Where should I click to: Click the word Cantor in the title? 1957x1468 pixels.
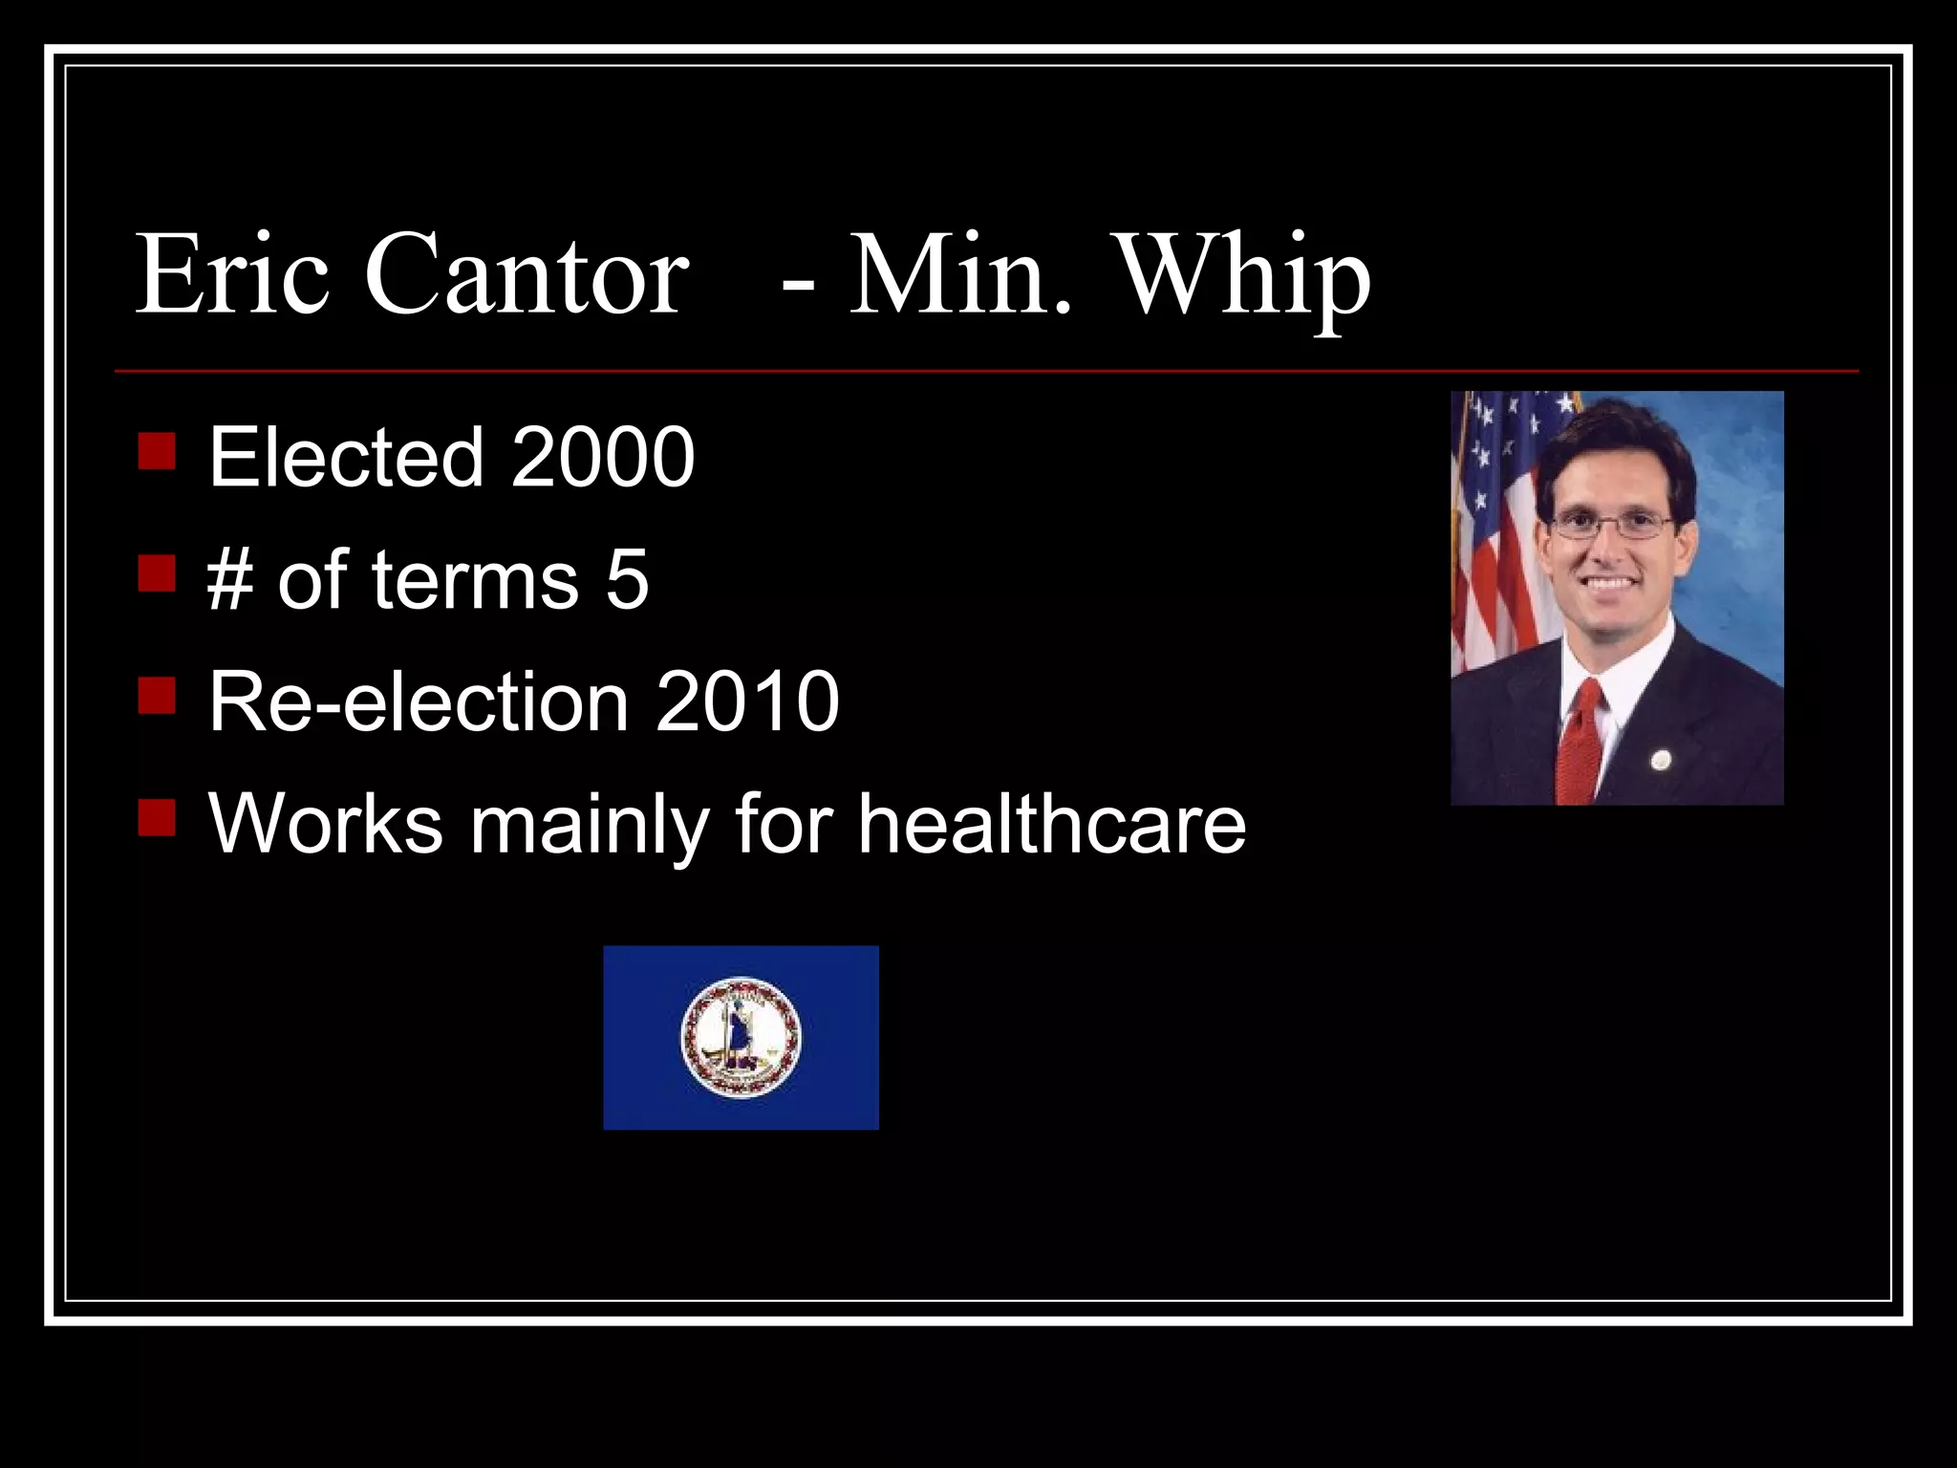click(x=527, y=275)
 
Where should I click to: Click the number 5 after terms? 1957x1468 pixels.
click(x=628, y=579)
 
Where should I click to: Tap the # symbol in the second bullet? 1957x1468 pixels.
click(x=230, y=579)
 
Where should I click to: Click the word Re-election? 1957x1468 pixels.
click(x=419, y=702)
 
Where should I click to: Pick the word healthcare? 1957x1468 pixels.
click(x=1051, y=823)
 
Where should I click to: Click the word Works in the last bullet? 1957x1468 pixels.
click(x=326, y=823)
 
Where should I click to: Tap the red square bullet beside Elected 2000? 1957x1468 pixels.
click(x=156, y=452)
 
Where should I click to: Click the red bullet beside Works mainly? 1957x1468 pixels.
click(x=156, y=818)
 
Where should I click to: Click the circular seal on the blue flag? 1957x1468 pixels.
click(x=741, y=1037)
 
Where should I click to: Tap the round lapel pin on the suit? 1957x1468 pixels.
click(x=1661, y=760)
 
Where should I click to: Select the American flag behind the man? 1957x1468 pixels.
click(x=1495, y=535)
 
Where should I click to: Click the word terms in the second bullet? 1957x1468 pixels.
click(x=475, y=579)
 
